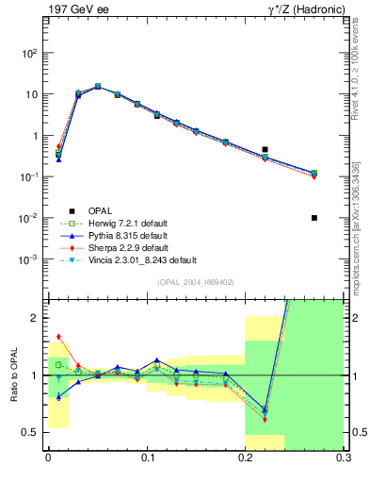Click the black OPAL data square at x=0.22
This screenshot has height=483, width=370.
[x=265, y=149]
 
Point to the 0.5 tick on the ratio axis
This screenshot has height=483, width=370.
[x=35, y=433]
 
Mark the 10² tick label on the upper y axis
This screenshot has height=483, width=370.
[x=32, y=54]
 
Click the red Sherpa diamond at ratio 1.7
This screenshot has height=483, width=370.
[x=58, y=336]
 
